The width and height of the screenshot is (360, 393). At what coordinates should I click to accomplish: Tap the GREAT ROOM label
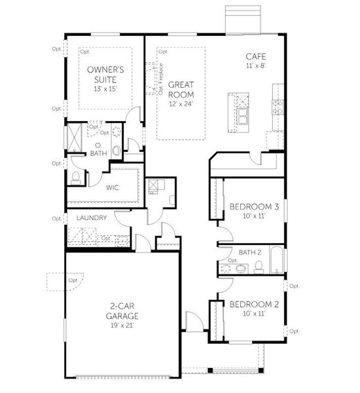click(181, 89)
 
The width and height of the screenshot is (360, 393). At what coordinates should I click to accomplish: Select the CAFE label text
click(255, 56)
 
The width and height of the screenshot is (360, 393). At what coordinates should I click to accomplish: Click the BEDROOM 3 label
click(254, 207)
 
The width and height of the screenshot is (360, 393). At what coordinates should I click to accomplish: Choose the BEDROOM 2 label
click(254, 304)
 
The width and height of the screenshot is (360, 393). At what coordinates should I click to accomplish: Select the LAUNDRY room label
click(91, 217)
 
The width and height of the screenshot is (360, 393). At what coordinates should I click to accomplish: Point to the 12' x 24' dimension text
click(181, 103)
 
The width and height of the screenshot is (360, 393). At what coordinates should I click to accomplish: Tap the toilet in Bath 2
click(259, 266)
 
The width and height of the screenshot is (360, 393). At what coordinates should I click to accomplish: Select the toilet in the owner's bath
click(75, 177)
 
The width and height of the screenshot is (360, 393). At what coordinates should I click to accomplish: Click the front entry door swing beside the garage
click(194, 322)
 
